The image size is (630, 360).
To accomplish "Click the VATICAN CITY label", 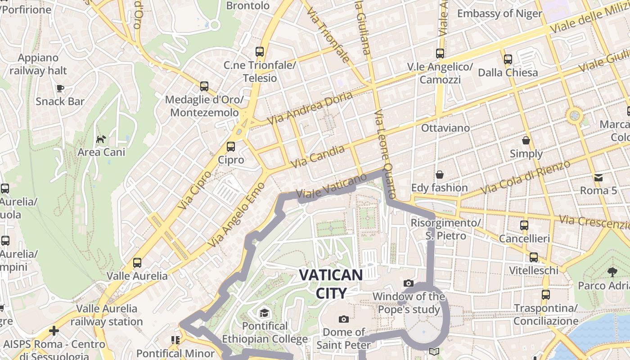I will coord(331,283).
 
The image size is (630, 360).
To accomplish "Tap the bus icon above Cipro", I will coord(231,146).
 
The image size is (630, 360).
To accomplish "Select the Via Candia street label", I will coord(318,157).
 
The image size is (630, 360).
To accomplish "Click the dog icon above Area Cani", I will coord(101,139).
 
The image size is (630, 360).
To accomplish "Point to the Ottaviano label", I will coord(445,128).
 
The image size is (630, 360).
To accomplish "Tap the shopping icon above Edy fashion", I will coord(439,175).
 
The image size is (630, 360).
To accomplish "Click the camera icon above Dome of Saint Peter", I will coord(344,319).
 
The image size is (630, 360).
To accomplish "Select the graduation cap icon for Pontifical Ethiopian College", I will coord(264,313).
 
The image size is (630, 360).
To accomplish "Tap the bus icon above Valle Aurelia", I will coord(137,262).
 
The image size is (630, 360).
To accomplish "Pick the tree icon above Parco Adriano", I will coord(612,272).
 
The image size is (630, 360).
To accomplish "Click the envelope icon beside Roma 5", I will coord(598,177).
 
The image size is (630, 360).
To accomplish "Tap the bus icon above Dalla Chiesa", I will coord(508,59).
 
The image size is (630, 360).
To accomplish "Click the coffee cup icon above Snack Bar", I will coord(60,88).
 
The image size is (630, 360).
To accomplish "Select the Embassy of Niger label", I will coord(499,13).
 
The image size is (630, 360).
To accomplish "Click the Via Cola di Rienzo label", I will coord(525,177).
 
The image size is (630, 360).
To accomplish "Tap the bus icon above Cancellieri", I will coord(524,225).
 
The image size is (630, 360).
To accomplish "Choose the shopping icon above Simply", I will coord(526,140).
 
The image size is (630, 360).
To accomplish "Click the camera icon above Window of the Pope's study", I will coord(409,283).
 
